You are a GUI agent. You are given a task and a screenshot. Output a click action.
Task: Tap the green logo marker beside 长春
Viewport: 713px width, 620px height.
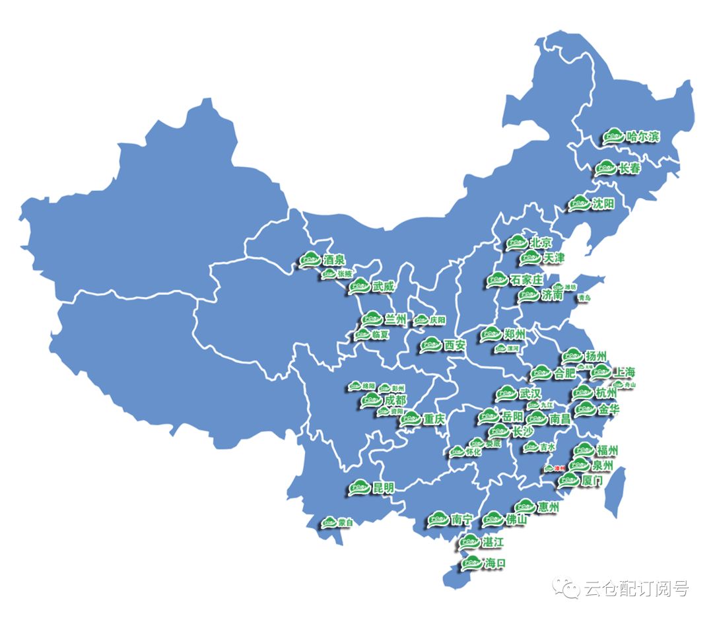click(x=605, y=168)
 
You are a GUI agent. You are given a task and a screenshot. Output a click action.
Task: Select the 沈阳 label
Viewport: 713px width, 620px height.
click(x=603, y=203)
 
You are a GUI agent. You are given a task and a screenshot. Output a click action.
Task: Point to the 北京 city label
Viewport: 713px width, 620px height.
click(x=540, y=242)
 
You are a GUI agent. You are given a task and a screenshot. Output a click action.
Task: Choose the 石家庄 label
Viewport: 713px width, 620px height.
click(x=526, y=280)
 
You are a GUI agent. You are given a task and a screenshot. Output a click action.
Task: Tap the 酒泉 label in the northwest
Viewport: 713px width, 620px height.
click(x=334, y=260)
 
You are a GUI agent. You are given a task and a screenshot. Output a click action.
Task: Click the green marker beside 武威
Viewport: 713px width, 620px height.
click(x=360, y=286)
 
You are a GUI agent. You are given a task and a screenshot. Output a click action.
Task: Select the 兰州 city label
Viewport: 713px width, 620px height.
click(x=395, y=319)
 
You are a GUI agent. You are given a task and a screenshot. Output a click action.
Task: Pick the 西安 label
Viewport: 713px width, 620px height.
click(x=455, y=344)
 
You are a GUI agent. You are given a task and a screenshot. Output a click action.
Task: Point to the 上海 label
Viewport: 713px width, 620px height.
click(x=624, y=371)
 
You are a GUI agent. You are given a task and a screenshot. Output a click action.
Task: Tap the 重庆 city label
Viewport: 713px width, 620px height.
click(x=434, y=419)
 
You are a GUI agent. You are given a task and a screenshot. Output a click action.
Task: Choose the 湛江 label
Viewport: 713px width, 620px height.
click(x=492, y=542)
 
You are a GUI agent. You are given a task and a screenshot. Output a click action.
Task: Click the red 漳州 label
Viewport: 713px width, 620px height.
click(x=559, y=468)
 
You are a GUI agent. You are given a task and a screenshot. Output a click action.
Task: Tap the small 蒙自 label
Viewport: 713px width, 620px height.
click(x=345, y=522)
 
